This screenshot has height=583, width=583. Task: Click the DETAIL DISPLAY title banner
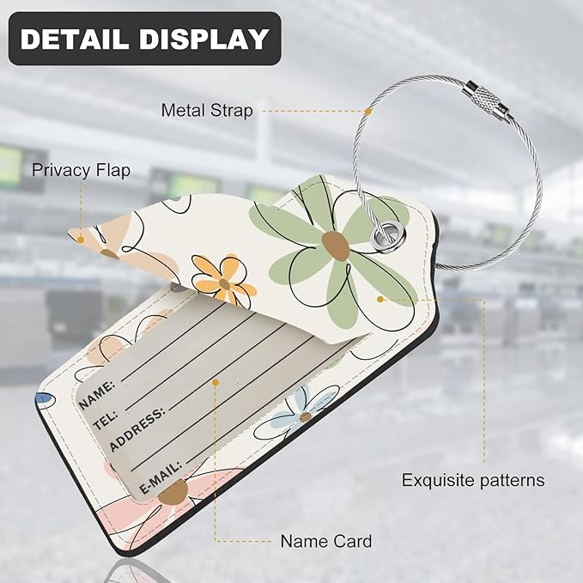[x=144, y=39]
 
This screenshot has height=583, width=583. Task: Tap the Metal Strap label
[x=207, y=111]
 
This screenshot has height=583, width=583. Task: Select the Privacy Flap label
[x=81, y=170]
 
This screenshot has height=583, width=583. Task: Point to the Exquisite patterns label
[x=473, y=480]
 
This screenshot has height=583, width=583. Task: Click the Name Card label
[x=326, y=541]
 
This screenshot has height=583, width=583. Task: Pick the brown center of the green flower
[x=336, y=246]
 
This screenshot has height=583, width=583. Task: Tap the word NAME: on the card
[x=97, y=395]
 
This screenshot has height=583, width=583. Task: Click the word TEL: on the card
[x=106, y=421]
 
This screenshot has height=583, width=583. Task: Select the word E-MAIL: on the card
[x=161, y=477]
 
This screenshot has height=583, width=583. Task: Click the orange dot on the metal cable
[x=368, y=111]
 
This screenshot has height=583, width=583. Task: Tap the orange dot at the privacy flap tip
[x=81, y=240]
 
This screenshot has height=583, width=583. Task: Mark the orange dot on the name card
[x=216, y=382]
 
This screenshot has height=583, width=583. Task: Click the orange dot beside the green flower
[x=380, y=299]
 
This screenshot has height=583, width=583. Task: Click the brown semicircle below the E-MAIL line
[x=173, y=492]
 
